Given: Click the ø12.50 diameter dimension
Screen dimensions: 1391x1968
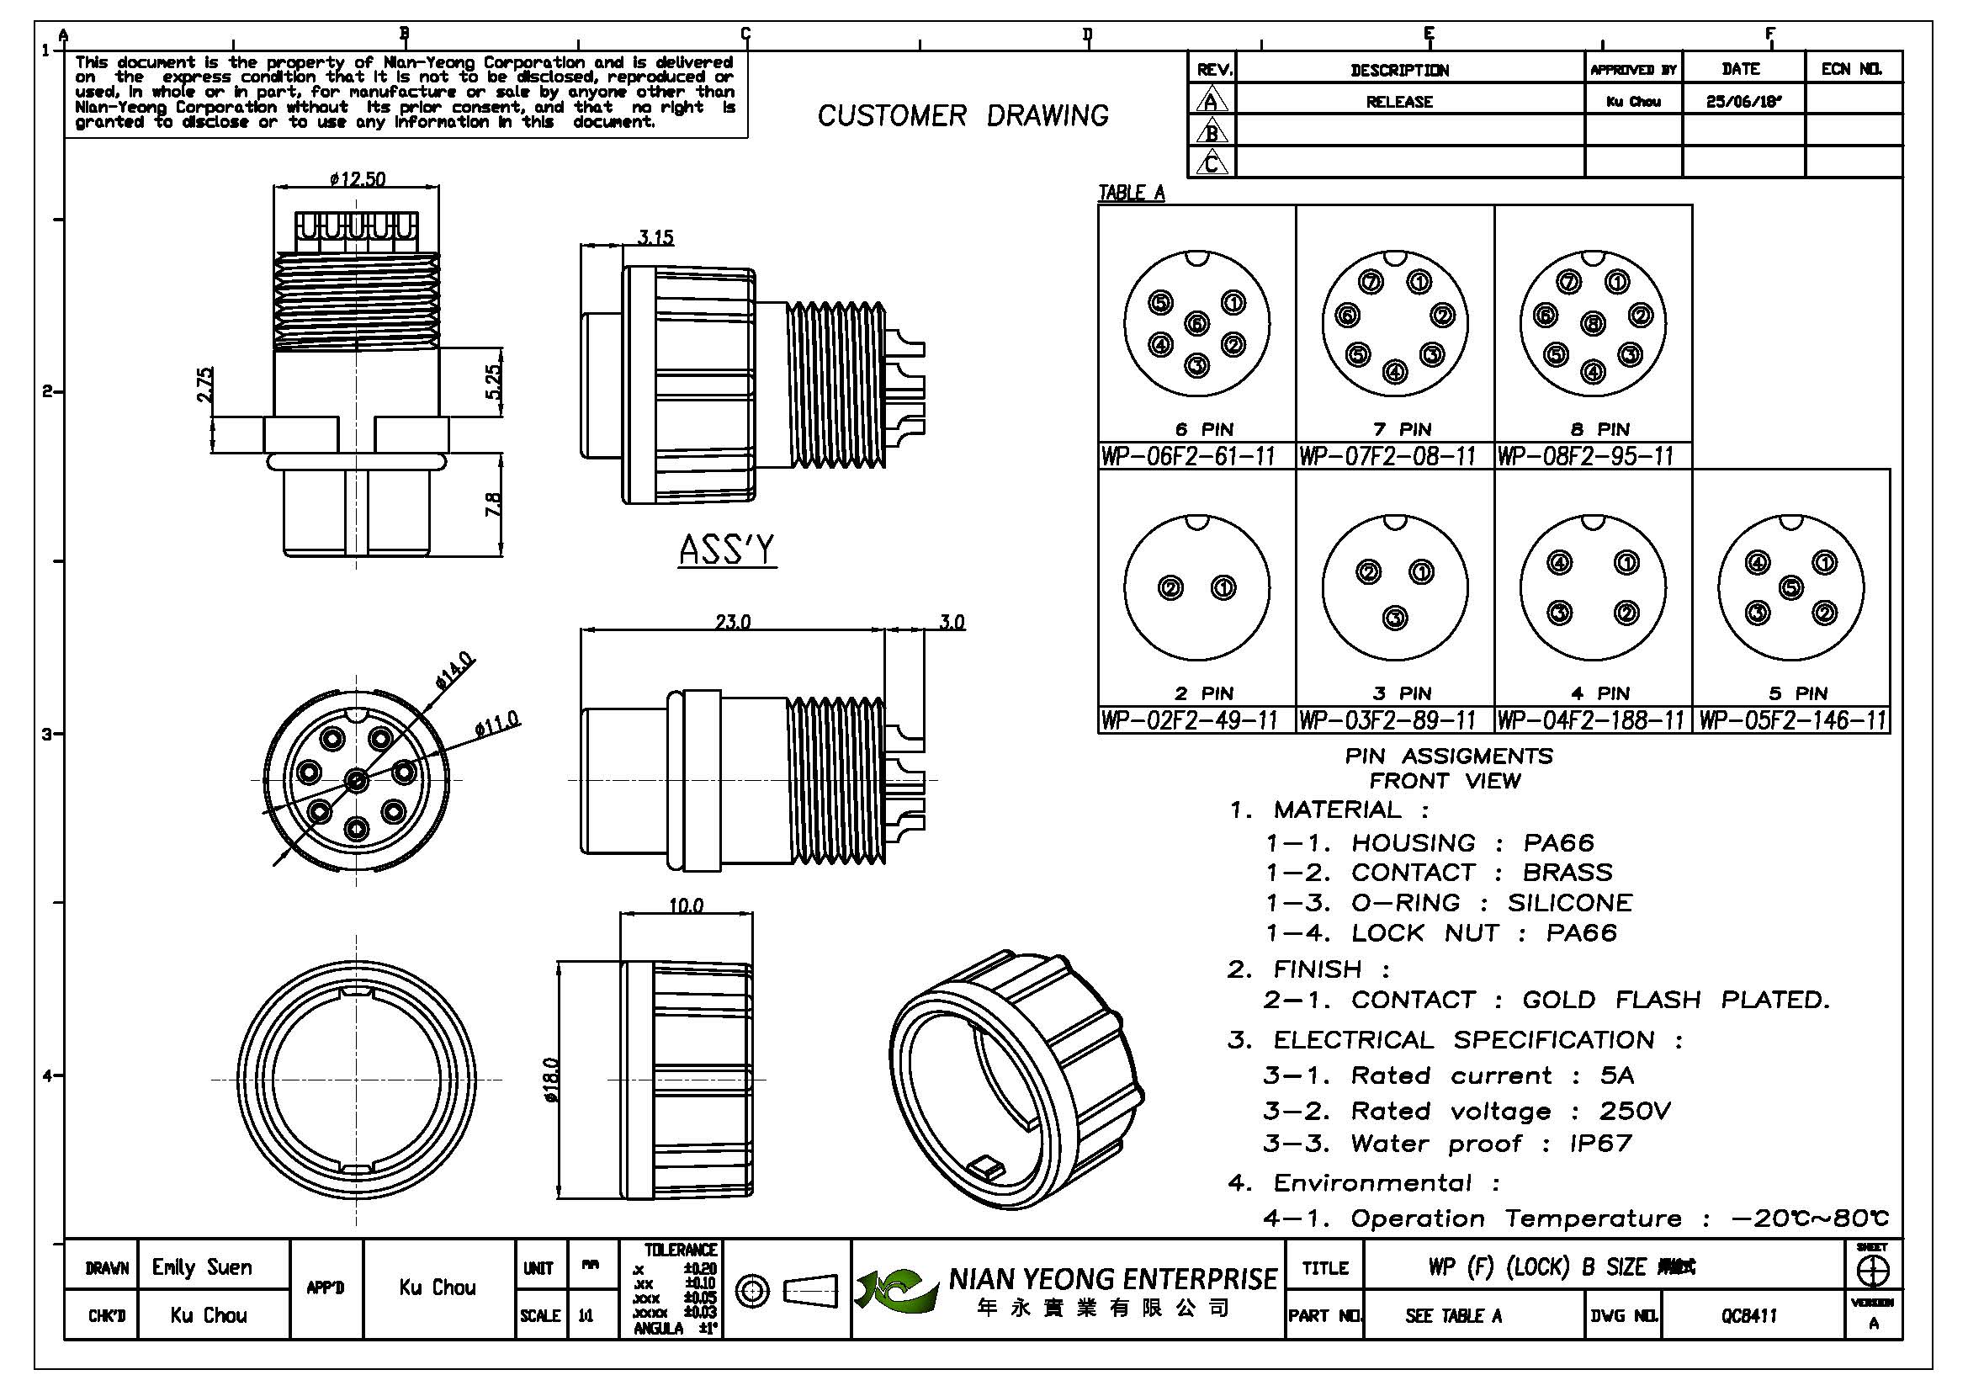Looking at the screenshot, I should click(358, 178).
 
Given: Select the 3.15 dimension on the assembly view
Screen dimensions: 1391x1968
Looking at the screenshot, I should click(655, 236).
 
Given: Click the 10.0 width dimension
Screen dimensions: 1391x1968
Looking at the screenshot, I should click(686, 905).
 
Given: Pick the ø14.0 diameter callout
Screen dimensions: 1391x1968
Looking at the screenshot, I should click(454, 671).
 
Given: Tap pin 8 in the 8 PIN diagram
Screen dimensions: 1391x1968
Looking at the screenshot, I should click(1594, 325).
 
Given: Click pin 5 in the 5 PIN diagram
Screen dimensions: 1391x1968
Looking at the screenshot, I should click(1790, 588).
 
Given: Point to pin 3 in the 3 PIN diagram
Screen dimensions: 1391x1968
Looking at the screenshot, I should click(1395, 617).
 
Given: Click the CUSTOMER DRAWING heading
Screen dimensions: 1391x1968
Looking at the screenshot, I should click(963, 115).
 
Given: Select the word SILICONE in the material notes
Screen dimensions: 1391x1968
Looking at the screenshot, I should click(1569, 902).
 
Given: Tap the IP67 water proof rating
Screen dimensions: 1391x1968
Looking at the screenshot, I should click(1600, 1144).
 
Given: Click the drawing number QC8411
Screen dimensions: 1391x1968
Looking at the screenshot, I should click(1748, 1315).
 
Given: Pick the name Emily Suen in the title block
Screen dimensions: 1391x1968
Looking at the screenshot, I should click(202, 1266).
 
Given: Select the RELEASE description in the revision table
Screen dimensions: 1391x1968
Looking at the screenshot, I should click(1399, 102).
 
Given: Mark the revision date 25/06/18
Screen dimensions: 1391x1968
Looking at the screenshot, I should click(1743, 101).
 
